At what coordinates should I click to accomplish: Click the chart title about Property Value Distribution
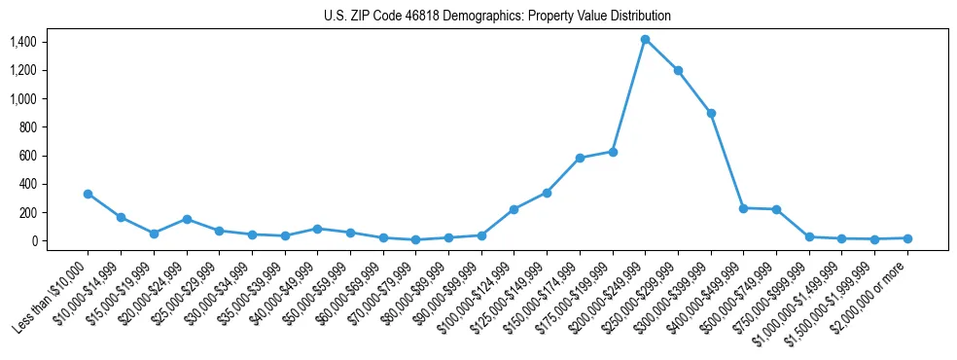click(x=497, y=17)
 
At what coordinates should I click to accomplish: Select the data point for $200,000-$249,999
click(x=645, y=39)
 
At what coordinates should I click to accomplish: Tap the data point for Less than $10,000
click(x=88, y=194)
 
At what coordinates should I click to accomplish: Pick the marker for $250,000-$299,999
click(x=678, y=70)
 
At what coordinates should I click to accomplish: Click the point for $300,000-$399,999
click(x=711, y=113)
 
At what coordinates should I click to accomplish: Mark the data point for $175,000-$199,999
click(x=613, y=152)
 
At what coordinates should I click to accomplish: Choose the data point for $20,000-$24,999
click(x=186, y=219)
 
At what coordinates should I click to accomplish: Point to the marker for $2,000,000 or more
click(x=907, y=238)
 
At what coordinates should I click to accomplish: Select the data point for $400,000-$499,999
click(x=743, y=208)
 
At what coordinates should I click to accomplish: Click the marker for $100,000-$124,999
click(x=514, y=209)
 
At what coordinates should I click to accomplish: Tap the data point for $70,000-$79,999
click(x=415, y=239)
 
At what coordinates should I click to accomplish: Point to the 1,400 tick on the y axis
click(x=22, y=42)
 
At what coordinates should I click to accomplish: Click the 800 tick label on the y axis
click(x=26, y=127)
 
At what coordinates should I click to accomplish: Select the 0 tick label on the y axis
click(x=33, y=241)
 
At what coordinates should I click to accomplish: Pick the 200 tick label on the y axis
click(x=26, y=213)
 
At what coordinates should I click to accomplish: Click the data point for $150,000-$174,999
click(x=580, y=158)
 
